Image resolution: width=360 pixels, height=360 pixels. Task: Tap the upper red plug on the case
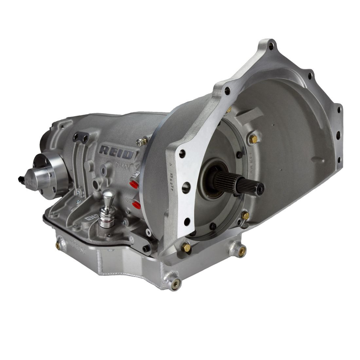[134, 184]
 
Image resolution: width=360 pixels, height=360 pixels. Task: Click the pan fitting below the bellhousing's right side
[242, 250]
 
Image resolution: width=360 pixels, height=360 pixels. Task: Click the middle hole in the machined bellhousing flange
[187, 188]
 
